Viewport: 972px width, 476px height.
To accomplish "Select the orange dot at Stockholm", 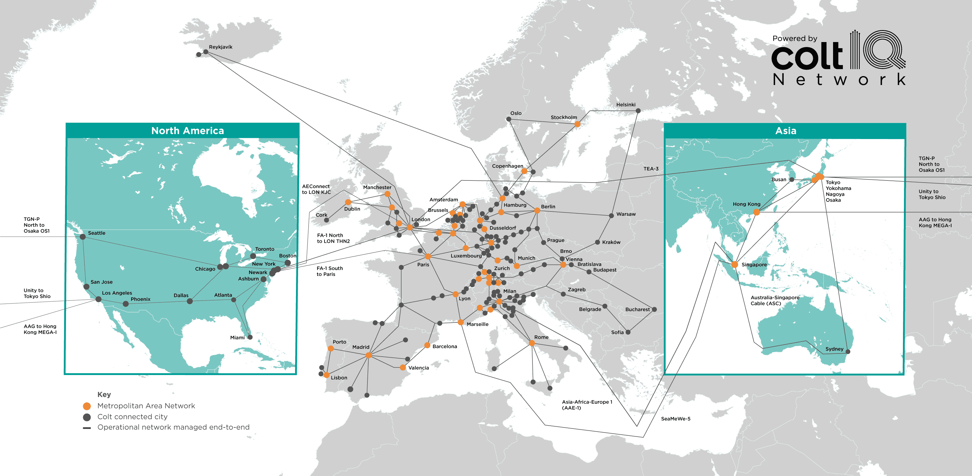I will tap(577, 124).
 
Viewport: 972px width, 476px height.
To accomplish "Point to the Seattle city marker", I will tap(83, 237).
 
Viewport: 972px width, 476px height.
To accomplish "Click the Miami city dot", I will tap(250, 337).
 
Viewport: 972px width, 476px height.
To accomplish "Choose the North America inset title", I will tap(187, 131).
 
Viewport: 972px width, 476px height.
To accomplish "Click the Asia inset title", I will tap(786, 131).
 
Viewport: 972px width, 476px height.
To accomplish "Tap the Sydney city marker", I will tap(848, 351).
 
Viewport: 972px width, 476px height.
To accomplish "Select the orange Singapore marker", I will tap(735, 265).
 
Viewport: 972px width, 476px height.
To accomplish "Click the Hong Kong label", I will tap(746, 204).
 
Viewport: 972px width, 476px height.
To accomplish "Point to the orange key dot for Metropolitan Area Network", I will tap(87, 406).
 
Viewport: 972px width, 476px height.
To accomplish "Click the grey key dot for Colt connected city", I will tap(87, 417).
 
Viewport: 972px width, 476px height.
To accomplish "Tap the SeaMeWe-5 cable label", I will tap(675, 419).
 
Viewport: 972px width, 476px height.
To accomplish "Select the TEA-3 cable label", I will tap(651, 169).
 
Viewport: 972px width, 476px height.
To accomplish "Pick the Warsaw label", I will tap(626, 214).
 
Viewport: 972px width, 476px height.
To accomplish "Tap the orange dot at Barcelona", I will tap(427, 345).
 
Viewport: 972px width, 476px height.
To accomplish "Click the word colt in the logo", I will tap(807, 56).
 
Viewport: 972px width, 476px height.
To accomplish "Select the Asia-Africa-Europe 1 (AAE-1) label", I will tap(587, 405).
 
